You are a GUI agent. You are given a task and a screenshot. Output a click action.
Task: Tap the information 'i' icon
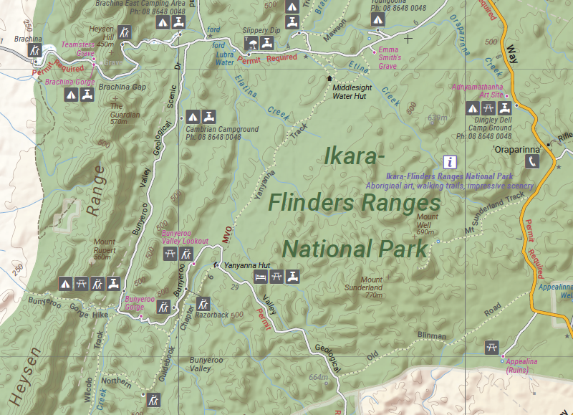(450, 161)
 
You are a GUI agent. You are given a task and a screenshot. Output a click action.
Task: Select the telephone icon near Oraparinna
(532, 162)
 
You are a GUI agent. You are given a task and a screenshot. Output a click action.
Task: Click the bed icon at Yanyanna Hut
(261, 277)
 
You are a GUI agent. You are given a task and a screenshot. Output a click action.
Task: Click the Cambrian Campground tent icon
(192, 116)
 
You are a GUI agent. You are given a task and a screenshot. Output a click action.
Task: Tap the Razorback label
(211, 315)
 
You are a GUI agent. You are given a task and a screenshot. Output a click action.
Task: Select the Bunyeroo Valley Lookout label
(185, 237)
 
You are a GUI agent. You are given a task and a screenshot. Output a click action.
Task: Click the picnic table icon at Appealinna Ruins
(491, 346)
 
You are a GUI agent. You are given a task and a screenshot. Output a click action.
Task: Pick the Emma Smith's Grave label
(388, 57)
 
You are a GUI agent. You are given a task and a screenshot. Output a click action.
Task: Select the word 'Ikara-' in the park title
(356, 156)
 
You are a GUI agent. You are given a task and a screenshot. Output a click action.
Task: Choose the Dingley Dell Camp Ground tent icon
(472, 108)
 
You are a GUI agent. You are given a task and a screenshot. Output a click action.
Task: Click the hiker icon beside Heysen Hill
(125, 32)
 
